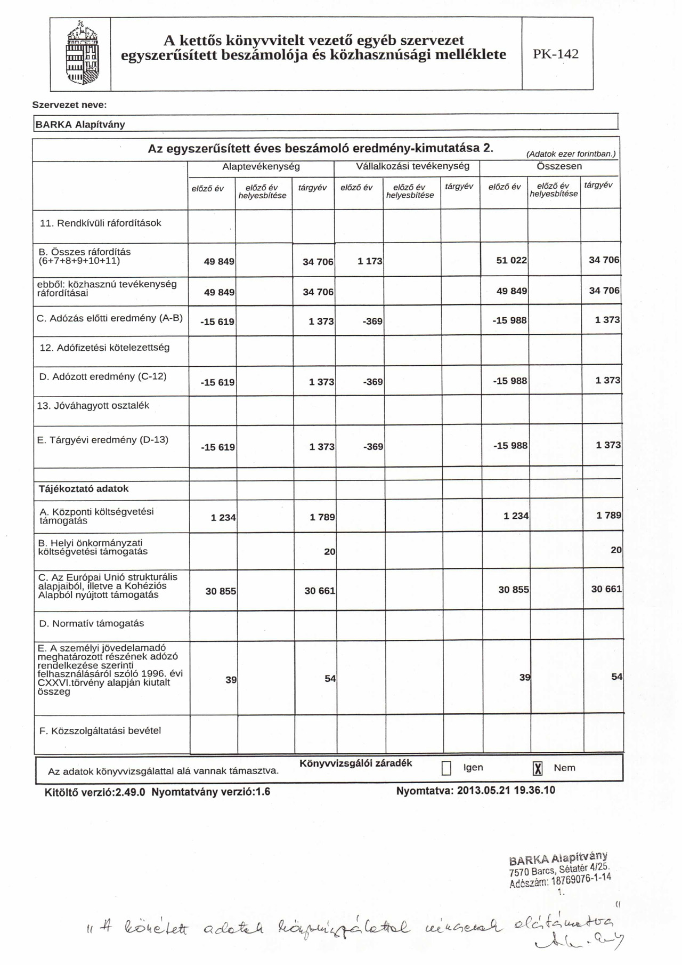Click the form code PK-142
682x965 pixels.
[556, 54]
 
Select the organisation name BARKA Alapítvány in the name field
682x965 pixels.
[80, 125]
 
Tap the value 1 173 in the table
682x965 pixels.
[369, 261]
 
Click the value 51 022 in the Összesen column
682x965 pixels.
[511, 260]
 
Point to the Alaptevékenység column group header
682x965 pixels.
[261, 166]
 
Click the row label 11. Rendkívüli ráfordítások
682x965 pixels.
[100, 223]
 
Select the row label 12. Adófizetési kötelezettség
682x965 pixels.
[104, 348]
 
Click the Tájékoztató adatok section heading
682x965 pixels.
[84, 488]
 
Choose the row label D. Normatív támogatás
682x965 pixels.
[92, 623]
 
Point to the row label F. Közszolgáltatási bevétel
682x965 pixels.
[100, 730]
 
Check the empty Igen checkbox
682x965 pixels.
[446, 768]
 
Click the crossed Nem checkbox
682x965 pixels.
[538, 768]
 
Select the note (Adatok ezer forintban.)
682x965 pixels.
[571, 154]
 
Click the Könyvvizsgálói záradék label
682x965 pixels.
[355, 763]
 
